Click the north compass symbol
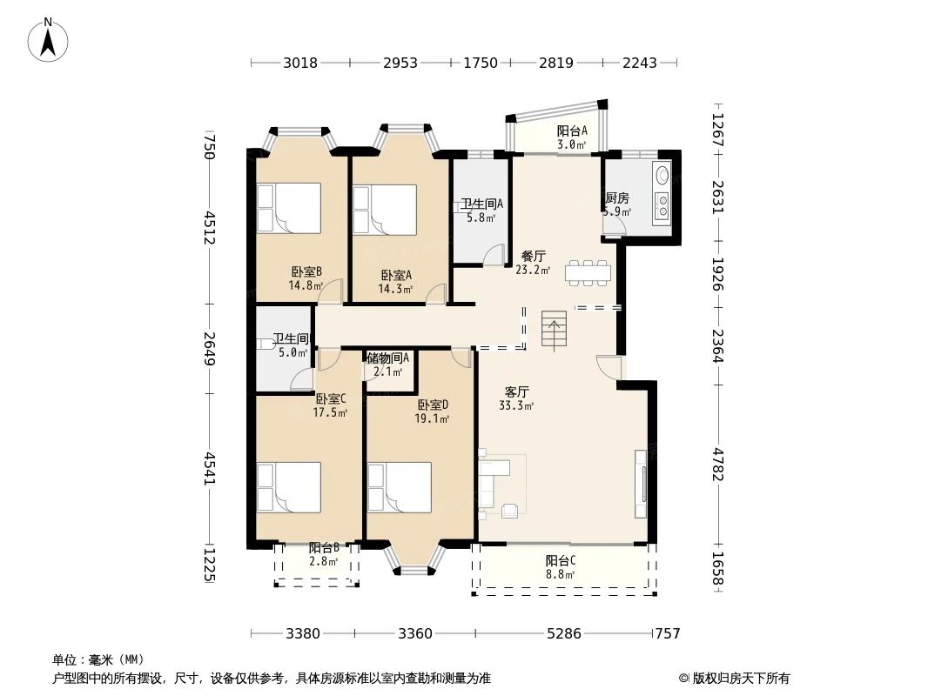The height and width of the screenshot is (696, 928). (49, 39)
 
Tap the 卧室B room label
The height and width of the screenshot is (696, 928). (306, 271)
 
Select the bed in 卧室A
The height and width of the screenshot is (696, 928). (384, 210)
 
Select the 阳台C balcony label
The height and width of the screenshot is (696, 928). (560, 560)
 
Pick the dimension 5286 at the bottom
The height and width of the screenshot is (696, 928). (563, 633)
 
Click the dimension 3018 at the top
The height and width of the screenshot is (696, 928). (301, 63)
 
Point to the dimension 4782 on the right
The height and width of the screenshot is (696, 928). (717, 464)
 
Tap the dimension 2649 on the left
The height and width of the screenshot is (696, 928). (208, 345)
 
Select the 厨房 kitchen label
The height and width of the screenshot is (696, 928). (617, 198)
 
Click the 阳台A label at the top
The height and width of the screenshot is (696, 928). (572, 131)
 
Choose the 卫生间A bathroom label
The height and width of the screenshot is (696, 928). (481, 204)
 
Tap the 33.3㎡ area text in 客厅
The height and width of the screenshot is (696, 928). (517, 405)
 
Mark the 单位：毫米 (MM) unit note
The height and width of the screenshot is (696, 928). (98, 660)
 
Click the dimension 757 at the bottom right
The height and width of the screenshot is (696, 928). (667, 633)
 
